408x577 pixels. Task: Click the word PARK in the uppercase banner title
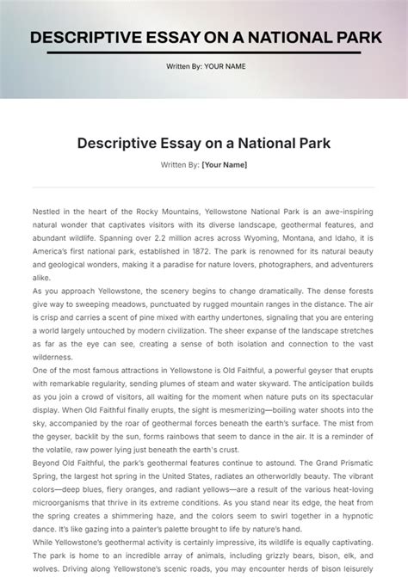(354, 38)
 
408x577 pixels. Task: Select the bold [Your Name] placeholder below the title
(227, 164)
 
